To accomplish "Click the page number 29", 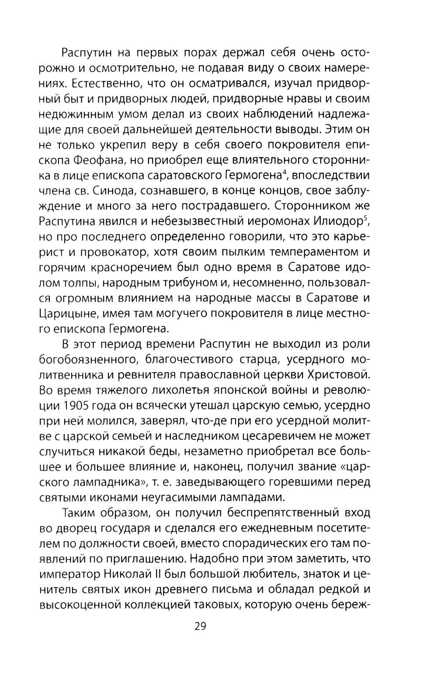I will pyautogui.click(x=200, y=626).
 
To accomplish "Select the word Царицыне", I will pyautogui.click(x=67, y=314).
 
